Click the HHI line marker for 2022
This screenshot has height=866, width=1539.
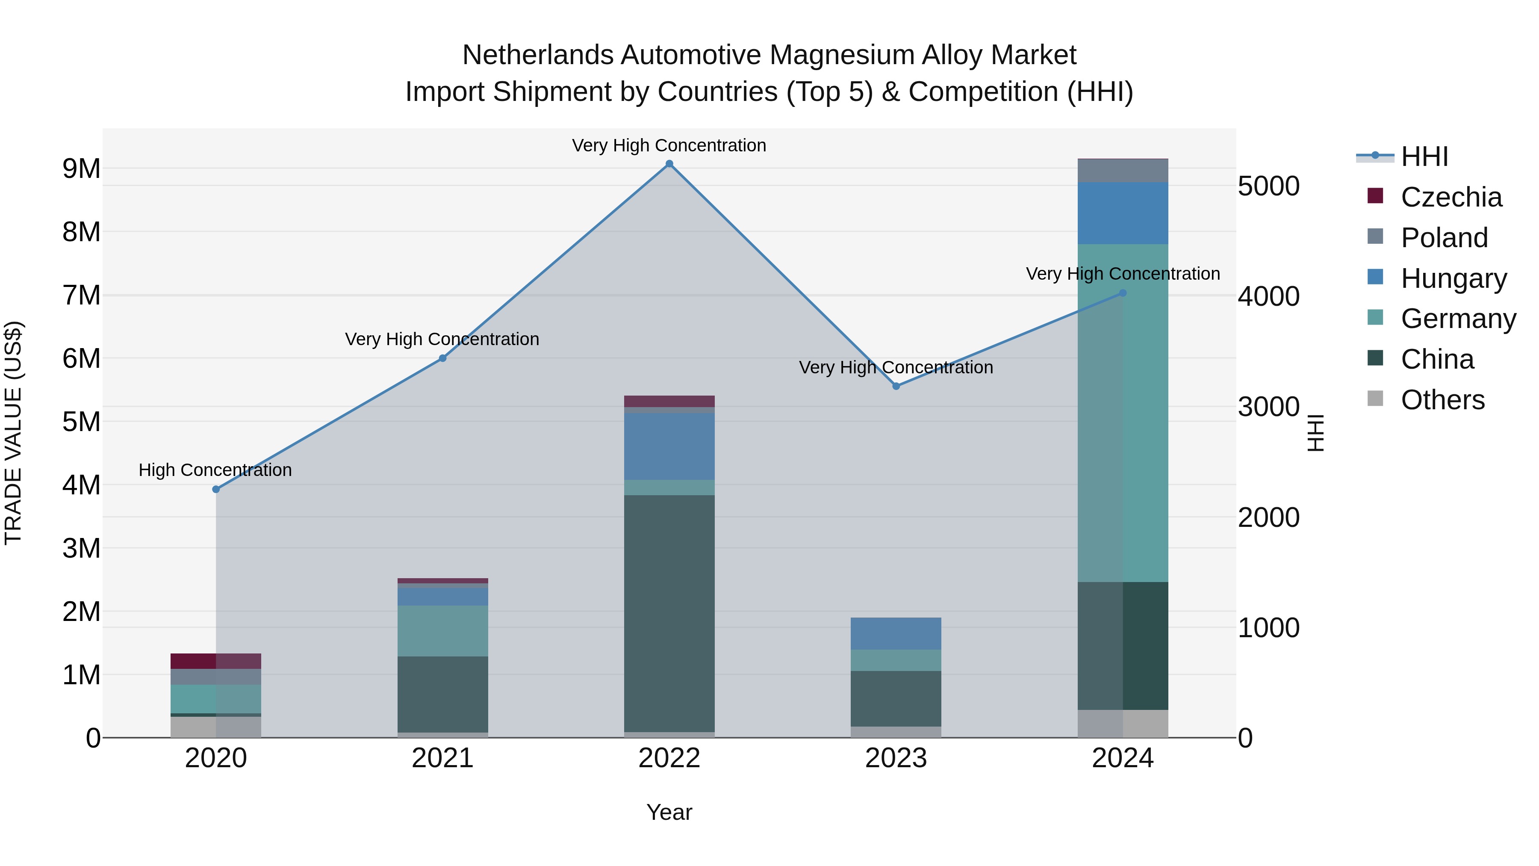(669, 164)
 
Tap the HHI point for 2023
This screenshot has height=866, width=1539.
(896, 386)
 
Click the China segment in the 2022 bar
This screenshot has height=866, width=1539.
(669, 612)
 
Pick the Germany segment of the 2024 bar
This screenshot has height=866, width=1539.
(1123, 412)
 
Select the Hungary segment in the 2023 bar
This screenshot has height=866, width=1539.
(896, 633)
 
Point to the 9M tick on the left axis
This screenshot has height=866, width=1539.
(81, 169)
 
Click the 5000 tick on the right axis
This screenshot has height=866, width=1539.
(1268, 186)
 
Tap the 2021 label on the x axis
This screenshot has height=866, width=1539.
(442, 758)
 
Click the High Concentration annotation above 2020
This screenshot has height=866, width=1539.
(215, 470)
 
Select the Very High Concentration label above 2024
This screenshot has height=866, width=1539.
(1123, 274)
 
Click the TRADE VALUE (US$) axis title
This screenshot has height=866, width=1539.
(13, 433)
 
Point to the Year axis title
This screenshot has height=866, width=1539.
(669, 812)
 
